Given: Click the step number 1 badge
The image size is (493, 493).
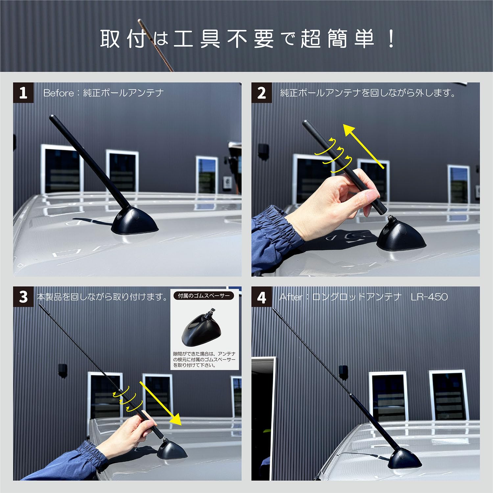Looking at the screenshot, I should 23,93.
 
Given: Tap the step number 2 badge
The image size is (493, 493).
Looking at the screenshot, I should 261,93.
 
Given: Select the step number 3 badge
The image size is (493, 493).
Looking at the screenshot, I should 23,297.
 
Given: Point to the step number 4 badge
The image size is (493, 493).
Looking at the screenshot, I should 261,297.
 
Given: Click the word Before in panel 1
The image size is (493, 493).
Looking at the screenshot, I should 59,93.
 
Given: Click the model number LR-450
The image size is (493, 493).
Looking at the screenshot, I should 429,297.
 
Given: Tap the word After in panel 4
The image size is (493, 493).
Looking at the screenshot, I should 291,297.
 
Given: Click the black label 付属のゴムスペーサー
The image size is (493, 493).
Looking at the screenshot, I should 204,296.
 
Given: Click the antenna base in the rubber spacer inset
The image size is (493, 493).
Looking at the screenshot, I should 199,331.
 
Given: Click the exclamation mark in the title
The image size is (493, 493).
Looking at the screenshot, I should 391,39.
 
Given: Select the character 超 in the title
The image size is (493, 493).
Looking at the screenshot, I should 311,39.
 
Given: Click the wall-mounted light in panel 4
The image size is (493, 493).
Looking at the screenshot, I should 343,372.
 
